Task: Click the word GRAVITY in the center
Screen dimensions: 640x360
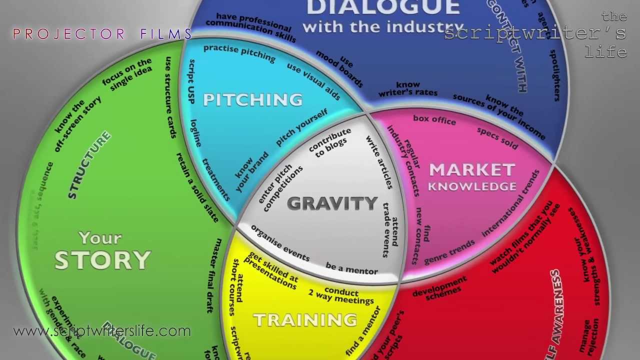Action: point(332,203)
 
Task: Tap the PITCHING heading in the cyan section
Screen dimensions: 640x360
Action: point(252,99)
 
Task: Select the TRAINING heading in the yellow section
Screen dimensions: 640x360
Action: point(305,320)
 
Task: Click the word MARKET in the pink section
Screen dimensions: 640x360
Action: point(472,170)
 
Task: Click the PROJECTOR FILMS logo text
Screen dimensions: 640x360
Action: point(102,34)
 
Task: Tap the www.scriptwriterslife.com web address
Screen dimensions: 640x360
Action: point(102,331)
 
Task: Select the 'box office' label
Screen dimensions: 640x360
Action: point(434,119)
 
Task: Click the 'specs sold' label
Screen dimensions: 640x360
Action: point(497,138)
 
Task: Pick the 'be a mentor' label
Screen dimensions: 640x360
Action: point(351,268)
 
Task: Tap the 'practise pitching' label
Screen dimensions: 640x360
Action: point(239,52)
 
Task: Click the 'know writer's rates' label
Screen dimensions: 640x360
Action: point(408,89)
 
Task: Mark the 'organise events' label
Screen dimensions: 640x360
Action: point(280,242)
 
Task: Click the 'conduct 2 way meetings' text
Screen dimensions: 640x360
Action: point(341,295)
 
